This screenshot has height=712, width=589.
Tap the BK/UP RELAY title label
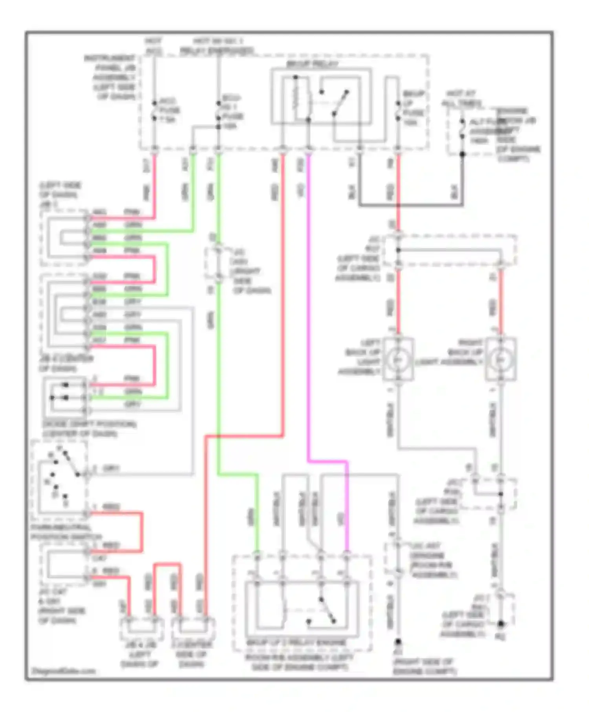pos(312,64)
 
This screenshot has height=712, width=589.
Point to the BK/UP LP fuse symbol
pos(398,113)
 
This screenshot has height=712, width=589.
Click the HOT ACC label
pos(154,46)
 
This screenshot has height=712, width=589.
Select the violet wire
pos(308,314)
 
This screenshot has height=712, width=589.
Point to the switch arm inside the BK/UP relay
pos(340,103)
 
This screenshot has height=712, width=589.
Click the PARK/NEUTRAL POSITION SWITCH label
pos(66,532)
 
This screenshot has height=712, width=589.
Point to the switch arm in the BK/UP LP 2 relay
pos(327,610)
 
